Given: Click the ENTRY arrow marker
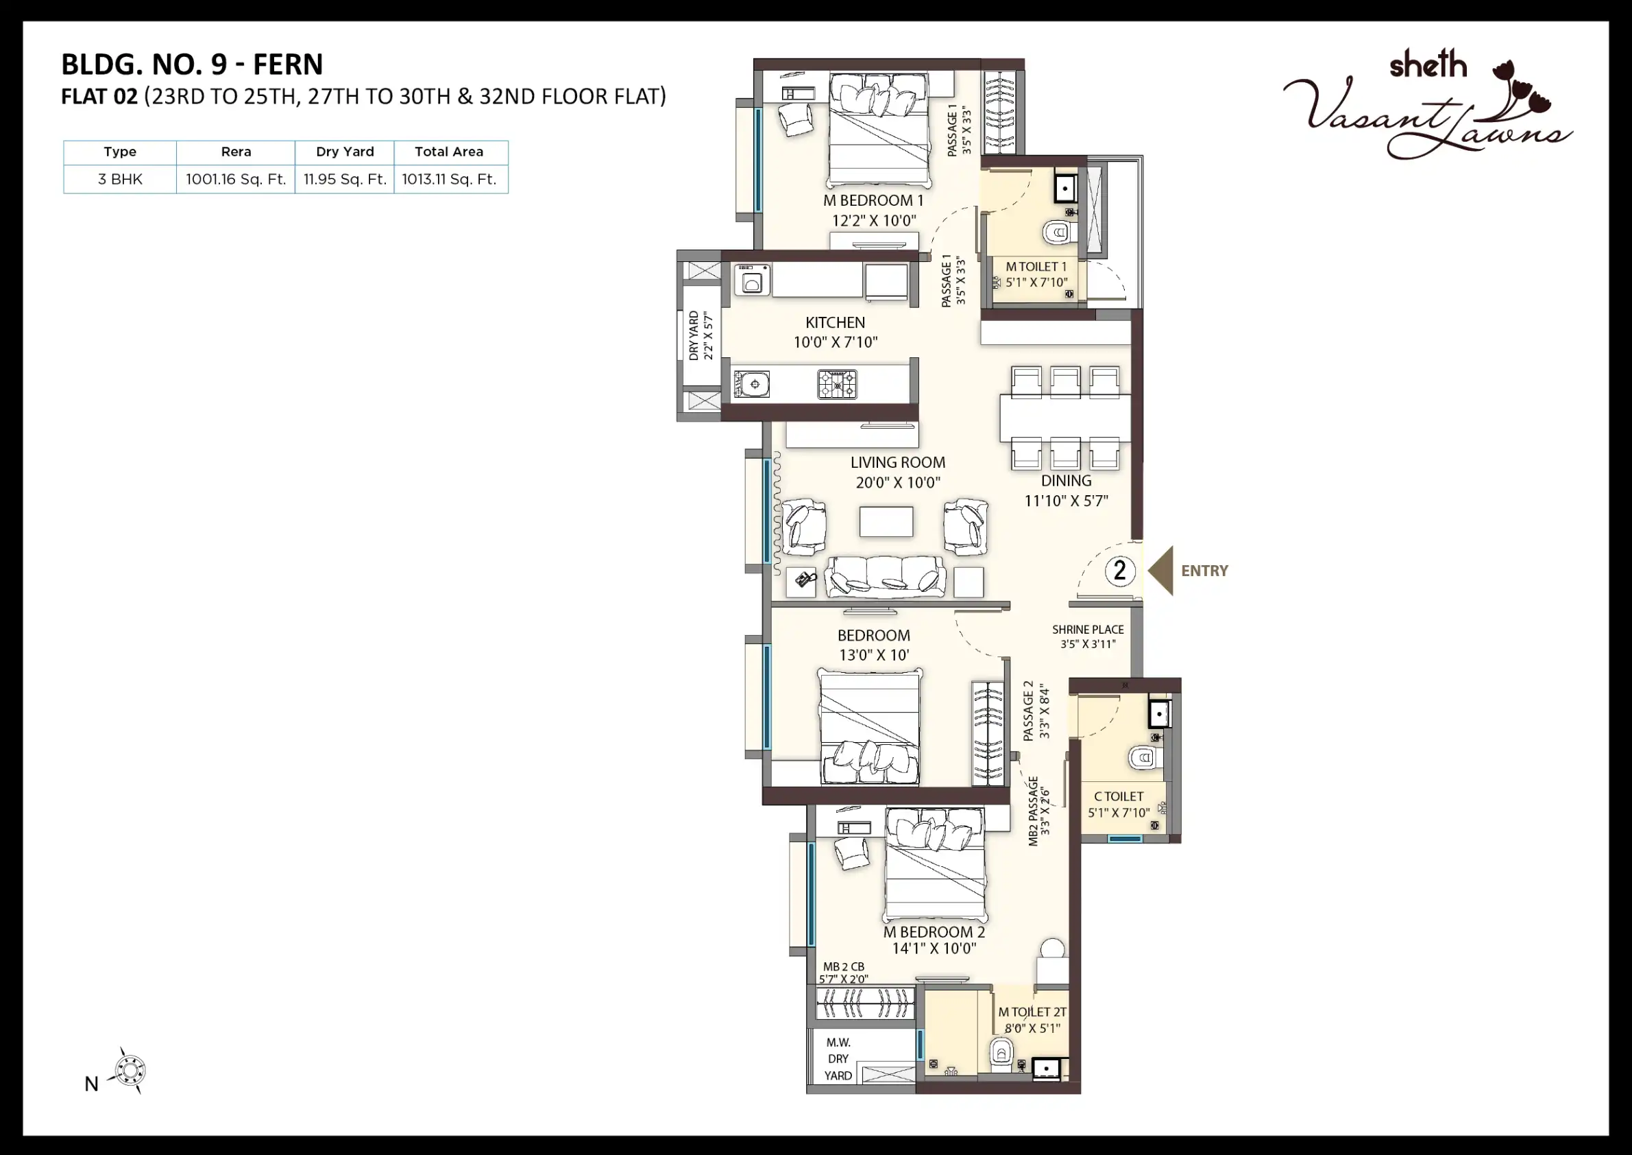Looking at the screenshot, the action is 1160,571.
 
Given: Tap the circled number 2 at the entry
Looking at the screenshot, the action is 1120,571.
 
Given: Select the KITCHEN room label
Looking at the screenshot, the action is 835,322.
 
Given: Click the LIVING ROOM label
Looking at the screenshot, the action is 898,462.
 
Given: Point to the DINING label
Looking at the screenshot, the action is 1067,481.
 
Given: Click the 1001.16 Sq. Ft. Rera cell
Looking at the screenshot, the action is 236,179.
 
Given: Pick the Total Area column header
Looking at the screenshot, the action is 449,152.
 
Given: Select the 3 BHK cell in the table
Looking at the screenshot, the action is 120,179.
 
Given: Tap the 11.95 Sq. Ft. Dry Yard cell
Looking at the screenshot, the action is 345,179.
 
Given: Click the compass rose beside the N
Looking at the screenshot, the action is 130,1071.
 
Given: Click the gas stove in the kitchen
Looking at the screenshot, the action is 838,385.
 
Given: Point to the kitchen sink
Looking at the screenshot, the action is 751,384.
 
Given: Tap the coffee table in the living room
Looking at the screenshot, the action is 886,521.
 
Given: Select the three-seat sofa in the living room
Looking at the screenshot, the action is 886,577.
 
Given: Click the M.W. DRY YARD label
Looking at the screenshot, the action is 839,1059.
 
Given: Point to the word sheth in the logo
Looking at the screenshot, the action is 1428,64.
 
